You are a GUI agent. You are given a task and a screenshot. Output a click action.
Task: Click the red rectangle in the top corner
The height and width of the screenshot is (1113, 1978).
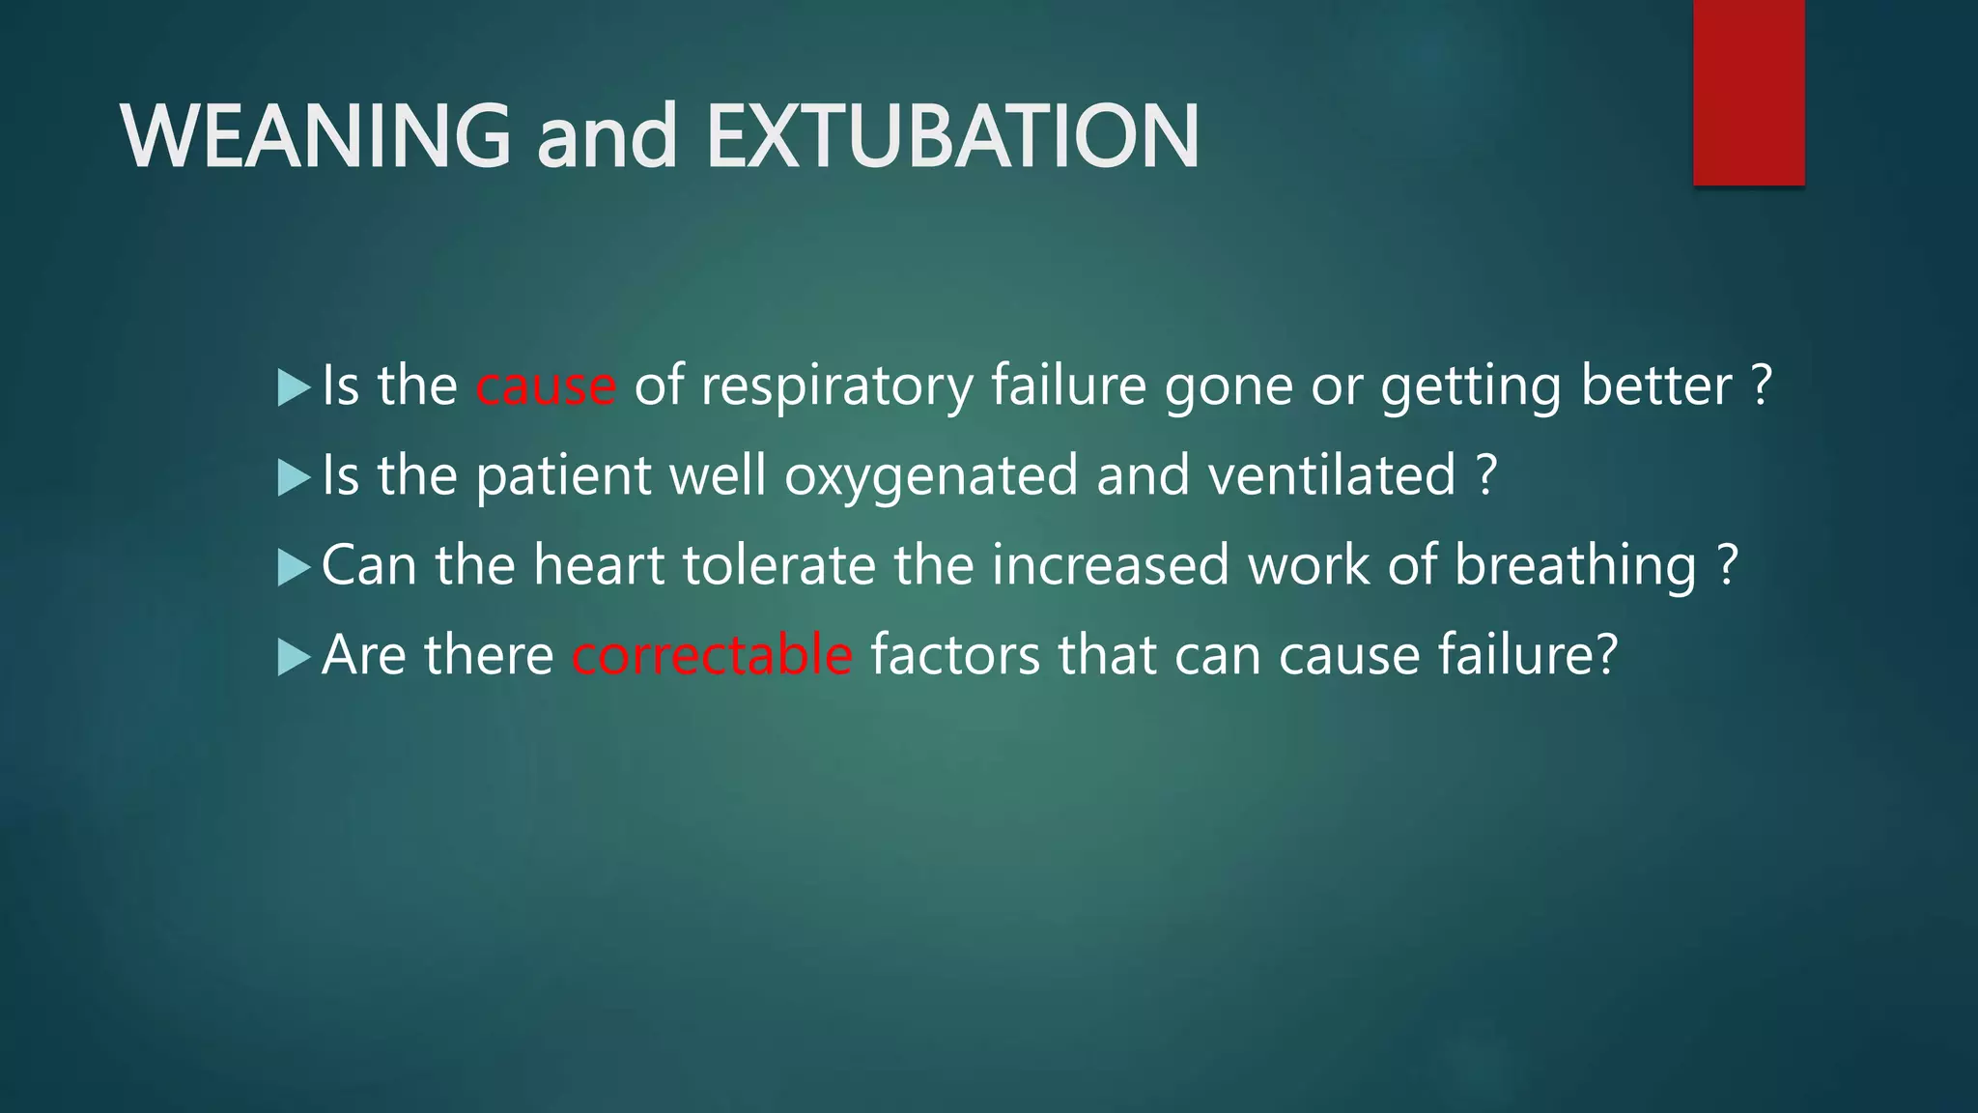1748,92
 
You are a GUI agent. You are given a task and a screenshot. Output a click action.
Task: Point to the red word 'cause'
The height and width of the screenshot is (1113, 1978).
546,386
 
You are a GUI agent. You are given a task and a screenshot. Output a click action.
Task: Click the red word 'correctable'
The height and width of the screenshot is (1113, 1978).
712,655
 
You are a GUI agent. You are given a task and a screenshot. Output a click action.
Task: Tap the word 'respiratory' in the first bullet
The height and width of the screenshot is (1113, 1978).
836,386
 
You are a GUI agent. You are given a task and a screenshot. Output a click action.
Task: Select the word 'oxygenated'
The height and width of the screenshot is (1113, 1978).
930,475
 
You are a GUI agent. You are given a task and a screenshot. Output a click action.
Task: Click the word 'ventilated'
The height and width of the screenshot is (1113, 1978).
1332,475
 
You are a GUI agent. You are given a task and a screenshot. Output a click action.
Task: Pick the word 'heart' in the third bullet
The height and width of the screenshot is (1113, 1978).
599,565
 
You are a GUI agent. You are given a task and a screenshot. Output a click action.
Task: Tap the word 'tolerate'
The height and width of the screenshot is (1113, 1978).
778,565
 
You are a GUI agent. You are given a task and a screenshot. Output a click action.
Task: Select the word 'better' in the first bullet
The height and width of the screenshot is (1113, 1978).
1656,386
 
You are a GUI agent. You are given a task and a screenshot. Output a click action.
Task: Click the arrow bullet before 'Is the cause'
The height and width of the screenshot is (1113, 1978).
293,388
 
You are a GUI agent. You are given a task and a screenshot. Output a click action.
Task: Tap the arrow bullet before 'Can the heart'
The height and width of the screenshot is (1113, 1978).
293,567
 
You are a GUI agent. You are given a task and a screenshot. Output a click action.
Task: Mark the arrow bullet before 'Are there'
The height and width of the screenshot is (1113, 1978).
293,657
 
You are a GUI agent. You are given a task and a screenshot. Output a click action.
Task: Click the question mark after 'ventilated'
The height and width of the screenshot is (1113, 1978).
1487,475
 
